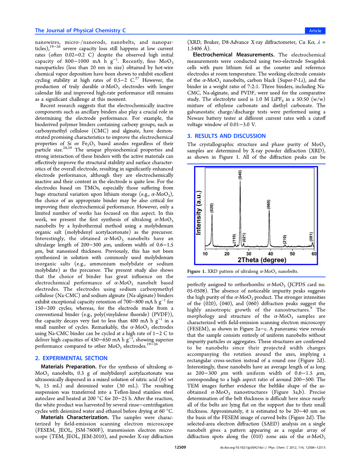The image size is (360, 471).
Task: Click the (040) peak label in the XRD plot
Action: [240, 175]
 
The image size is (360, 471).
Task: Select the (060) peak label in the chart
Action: [269, 204]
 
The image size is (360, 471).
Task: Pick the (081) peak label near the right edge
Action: [311, 236]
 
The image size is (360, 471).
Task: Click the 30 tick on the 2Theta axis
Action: [249, 254]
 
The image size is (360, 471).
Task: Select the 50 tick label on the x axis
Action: [292, 254]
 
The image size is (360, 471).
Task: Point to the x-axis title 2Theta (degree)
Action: [261, 260]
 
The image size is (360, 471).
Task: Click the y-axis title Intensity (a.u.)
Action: [199, 213]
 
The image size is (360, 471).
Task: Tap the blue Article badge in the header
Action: [315, 31]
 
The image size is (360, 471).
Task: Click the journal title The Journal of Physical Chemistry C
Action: [80, 30]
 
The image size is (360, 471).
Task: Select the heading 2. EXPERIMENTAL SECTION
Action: [71, 358]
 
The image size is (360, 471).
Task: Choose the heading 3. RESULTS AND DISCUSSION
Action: [226, 136]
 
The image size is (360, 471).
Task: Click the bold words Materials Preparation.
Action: [69, 367]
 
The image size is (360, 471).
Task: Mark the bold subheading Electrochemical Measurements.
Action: [234, 55]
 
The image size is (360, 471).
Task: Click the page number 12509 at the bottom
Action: [180, 447]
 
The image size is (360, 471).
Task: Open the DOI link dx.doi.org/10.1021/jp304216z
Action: [241, 448]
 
